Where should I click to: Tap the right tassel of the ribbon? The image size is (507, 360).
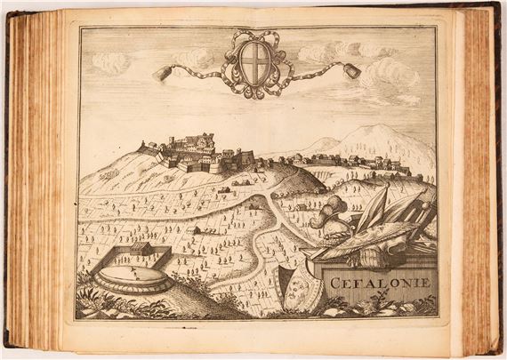click(352, 72)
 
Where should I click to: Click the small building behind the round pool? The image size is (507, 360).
click(142, 250)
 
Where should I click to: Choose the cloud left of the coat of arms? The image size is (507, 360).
click(110, 62)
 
